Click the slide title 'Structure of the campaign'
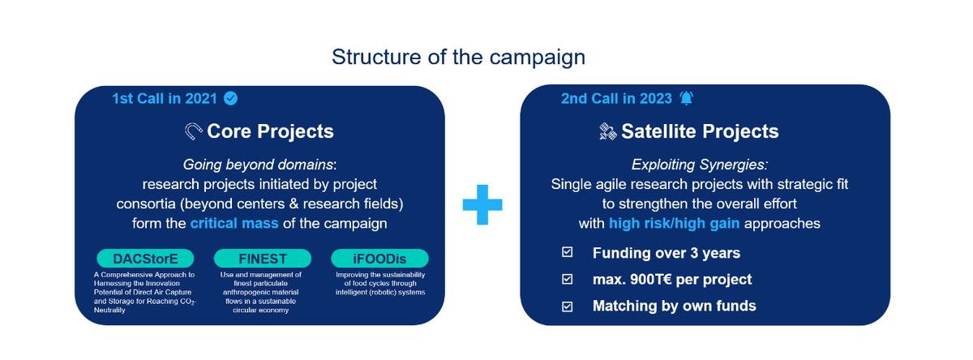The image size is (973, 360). [x=458, y=58]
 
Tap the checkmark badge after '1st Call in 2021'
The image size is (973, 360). [x=231, y=99]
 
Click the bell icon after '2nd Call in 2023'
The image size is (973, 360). [x=688, y=99]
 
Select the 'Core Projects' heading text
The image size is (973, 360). [x=270, y=131]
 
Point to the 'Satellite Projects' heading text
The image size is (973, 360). [x=700, y=131]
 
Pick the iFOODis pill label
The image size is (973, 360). [x=379, y=259]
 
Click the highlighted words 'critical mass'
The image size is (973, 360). [x=236, y=222]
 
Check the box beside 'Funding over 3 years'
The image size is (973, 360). [x=567, y=253]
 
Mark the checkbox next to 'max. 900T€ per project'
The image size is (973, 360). [x=567, y=280]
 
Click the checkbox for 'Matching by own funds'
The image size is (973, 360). [x=567, y=306]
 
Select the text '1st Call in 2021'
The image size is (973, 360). [x=165, y=99]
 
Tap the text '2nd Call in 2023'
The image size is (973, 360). [x=616, y=99]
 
